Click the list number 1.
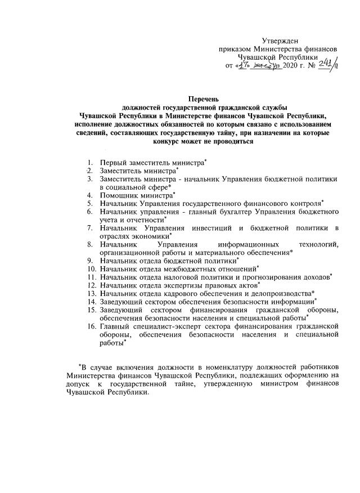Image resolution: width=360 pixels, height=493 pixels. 89,163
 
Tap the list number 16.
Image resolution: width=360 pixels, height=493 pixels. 91,326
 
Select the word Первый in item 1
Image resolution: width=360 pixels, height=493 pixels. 112,163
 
